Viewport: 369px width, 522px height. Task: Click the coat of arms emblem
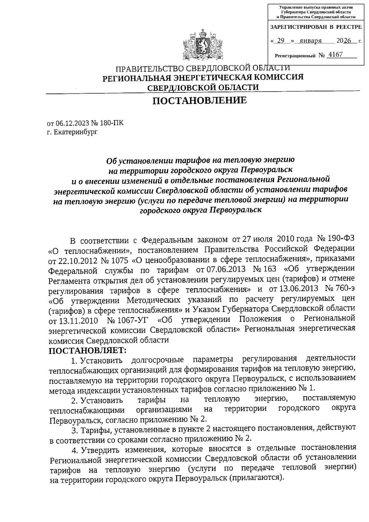(x=202, y=46)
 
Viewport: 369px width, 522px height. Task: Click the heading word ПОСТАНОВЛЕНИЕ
(x=200, y=101)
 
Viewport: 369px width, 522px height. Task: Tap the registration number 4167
(x=335, y=55)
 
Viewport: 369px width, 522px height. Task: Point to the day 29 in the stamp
(x=280, y=41)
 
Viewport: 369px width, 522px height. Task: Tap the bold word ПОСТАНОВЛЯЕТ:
(x=88, y=350)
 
